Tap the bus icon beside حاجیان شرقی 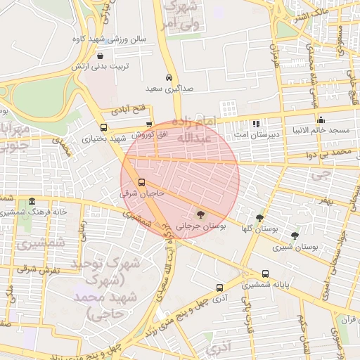[141, 182]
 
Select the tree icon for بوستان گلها [260, 218]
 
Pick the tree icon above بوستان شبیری [294, 236]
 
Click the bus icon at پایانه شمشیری [265, 274]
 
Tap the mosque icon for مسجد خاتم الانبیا [321, 120]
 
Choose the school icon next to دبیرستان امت [256, 123]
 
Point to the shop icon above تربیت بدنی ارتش [101, 56]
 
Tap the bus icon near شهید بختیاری [104, 127]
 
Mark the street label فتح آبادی [127, 111]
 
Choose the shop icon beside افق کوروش [149, 124]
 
